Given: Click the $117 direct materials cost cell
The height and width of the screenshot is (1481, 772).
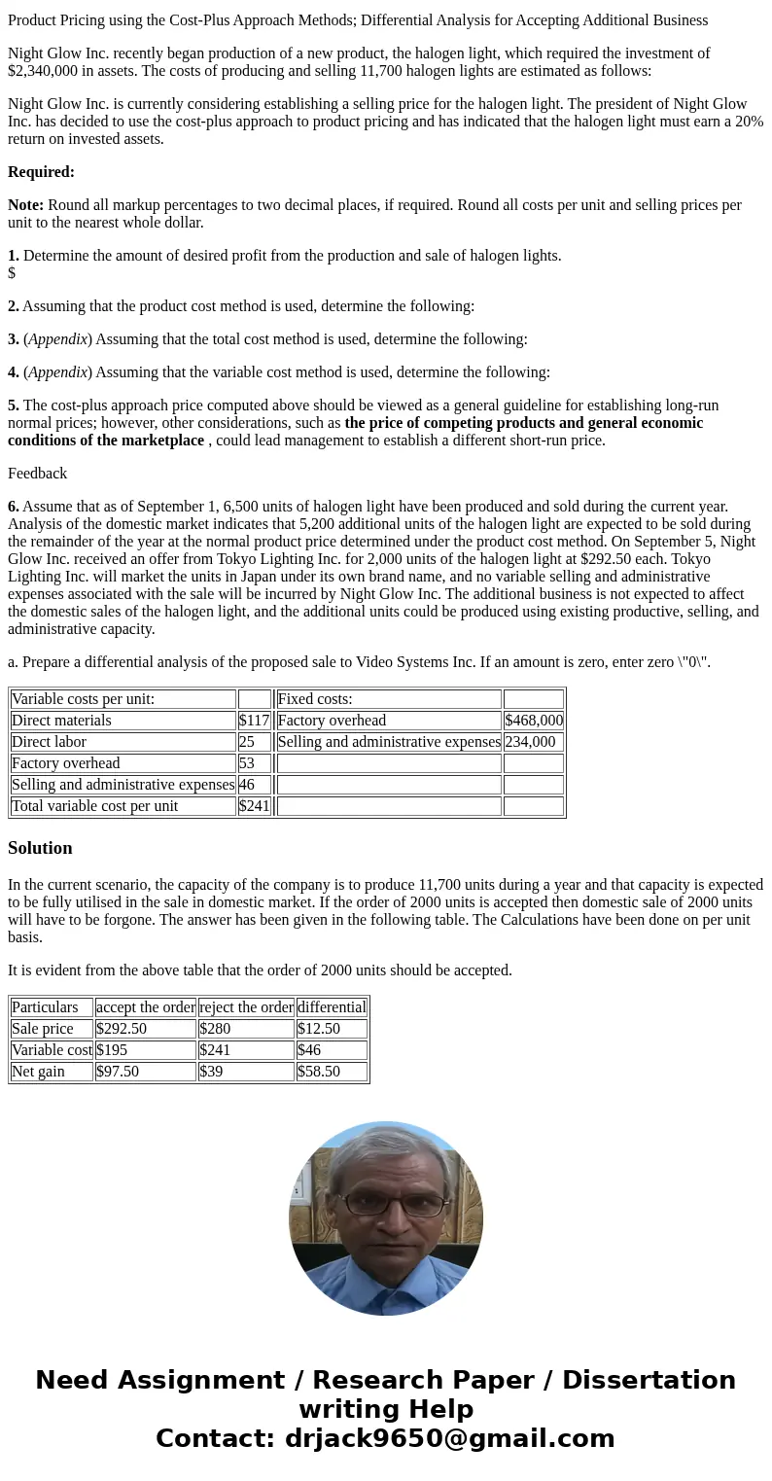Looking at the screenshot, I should (254, 721).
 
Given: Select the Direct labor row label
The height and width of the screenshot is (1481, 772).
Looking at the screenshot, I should (49, 742).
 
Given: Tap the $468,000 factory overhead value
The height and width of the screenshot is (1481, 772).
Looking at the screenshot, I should (533, 721).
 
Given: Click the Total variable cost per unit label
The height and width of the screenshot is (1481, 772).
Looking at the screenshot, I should (94, 806).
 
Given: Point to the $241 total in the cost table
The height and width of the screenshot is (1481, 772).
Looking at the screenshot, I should (254, 806).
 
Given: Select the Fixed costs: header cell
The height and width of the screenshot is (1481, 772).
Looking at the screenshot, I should (315, 699).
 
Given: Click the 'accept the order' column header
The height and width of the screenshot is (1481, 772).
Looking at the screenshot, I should (146, 1007).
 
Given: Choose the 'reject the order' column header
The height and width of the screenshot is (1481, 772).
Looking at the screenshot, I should (246, 1007).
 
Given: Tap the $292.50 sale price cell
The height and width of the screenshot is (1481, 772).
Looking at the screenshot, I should (122, 1029).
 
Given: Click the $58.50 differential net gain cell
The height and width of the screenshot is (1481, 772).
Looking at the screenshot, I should (319, 1072).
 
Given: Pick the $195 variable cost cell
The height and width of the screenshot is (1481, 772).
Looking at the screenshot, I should (112, 1050).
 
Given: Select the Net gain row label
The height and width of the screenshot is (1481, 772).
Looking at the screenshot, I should (38, 1072).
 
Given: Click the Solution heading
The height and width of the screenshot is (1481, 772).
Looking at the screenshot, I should (40, 848).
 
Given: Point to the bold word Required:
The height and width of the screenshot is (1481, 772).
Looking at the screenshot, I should (41, 172).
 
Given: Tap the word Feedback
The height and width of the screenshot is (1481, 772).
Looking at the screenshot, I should (37, 474).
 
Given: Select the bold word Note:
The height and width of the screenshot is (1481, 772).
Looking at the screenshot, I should (25, 205).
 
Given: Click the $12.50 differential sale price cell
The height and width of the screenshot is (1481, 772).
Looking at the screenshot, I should (319, 1029).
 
